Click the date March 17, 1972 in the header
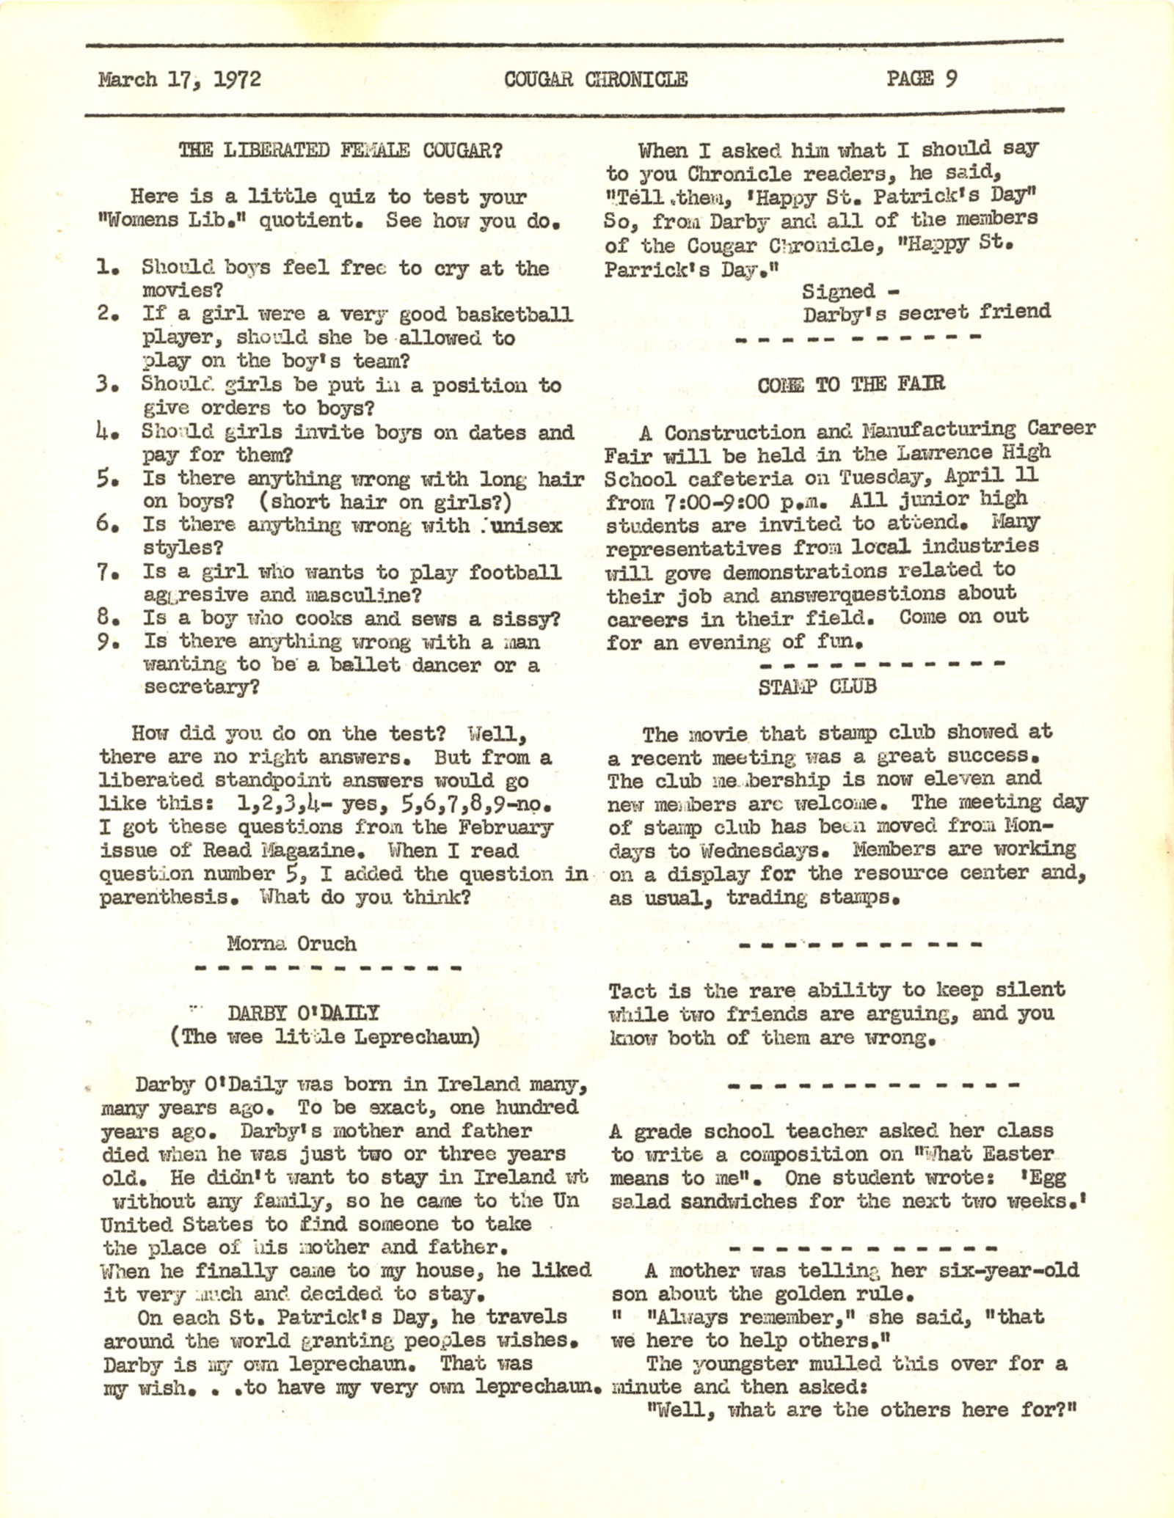point(179,79)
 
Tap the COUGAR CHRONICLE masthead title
point(595,79)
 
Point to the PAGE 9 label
point(921,78)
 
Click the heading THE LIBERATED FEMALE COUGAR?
point(340,150)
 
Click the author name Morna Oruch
point(291,943)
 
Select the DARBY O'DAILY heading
point(303,1013)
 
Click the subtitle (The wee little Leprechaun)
point(325,1037)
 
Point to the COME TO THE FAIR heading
point(851,384)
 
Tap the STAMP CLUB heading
point(817,686)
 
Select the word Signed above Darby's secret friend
point(838,291)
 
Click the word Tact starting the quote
point(632,991)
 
